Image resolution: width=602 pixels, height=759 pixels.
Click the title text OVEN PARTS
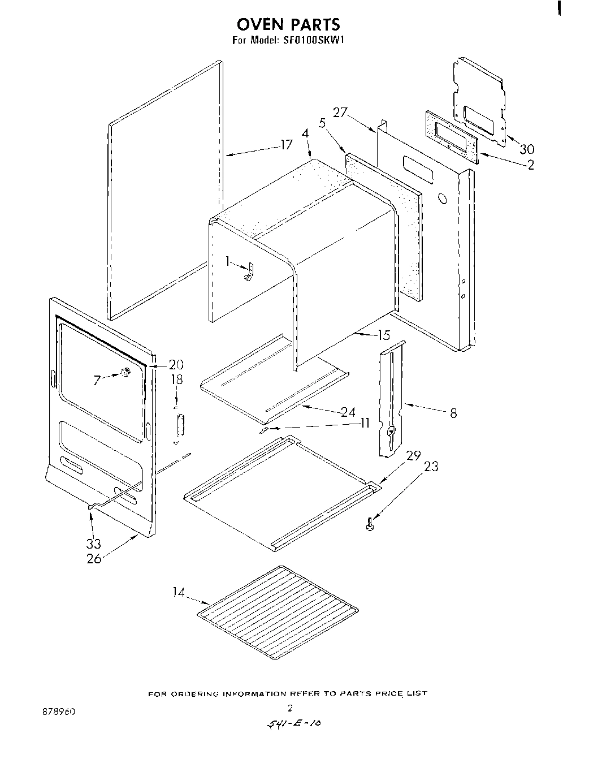(x=288, y=24)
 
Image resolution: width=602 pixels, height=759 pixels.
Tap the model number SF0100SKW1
(x=310, y=40)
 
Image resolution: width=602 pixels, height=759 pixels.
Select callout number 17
(x=287, y=145)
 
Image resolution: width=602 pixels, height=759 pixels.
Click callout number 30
(x=526, y=149)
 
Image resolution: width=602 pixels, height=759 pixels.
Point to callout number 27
(x=340, y=113)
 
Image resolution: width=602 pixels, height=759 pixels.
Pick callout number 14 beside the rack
(x=179, y=592)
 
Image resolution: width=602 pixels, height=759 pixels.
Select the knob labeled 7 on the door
(x=125, y=372)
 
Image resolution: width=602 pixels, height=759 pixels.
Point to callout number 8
(x=453, y=413)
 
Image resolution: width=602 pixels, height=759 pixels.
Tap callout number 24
(x=348, y=412)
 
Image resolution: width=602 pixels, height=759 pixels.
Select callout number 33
(x=93, y=544)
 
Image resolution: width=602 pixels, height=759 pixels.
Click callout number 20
(x=176, y=364)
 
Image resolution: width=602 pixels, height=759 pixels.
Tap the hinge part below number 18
(x=180, y=425)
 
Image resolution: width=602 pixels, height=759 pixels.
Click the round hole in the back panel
(x=443, y=200)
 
